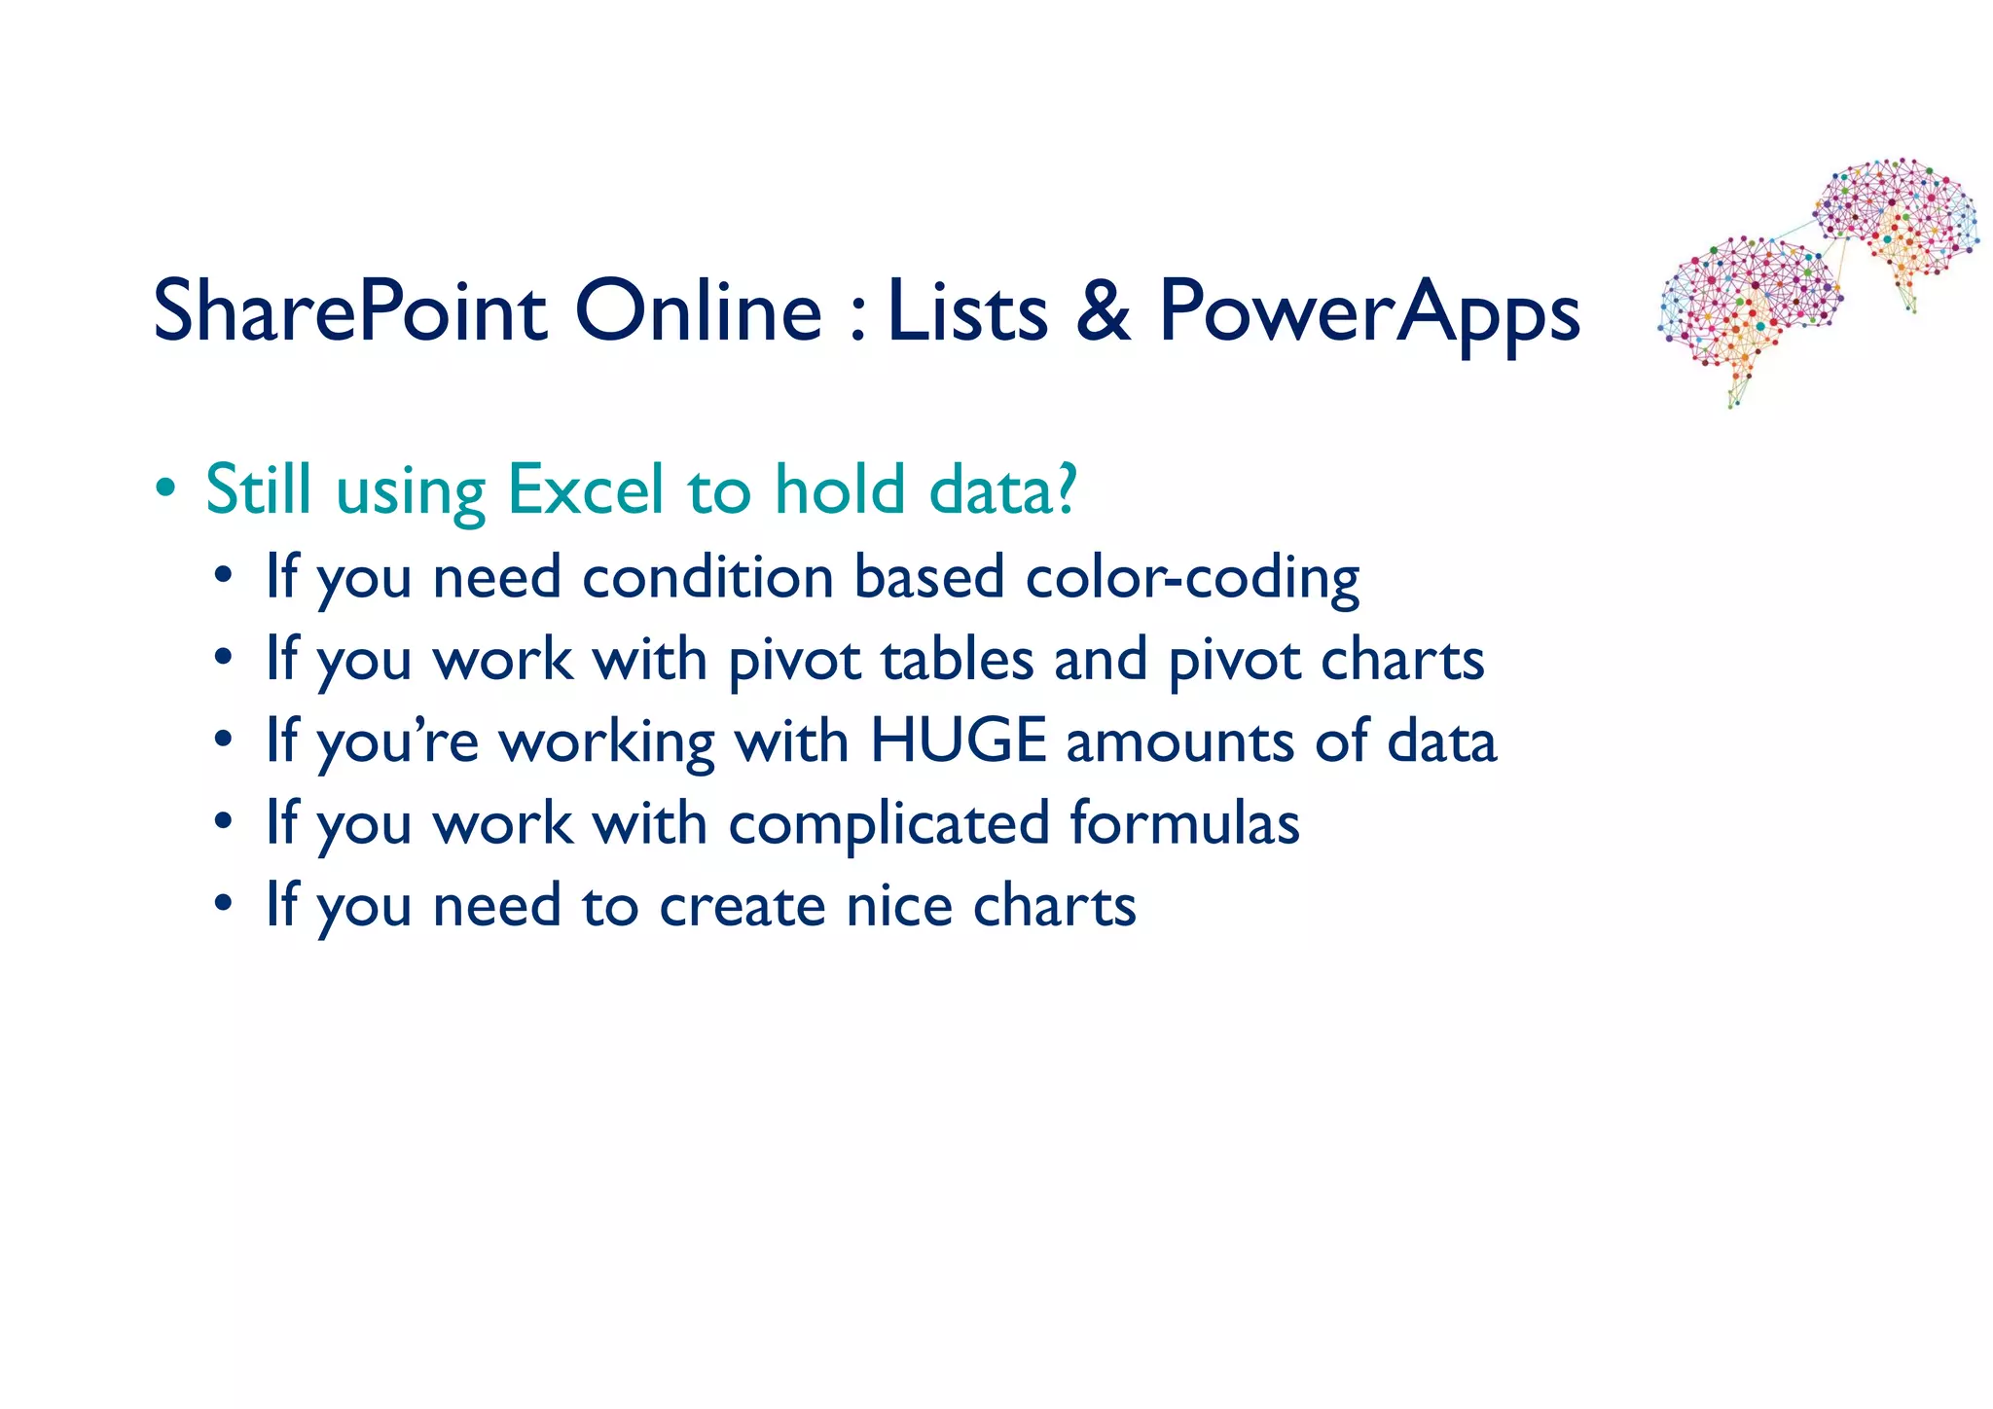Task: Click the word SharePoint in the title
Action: [350, 311]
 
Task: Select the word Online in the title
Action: [699, 311]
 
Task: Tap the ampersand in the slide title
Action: [1103, 311]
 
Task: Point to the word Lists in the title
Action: [968, 311]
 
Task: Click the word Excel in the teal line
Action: [586, 488]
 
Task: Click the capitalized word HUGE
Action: [958, 741]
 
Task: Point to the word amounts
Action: [1180, 741]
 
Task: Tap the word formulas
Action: [1184, 823]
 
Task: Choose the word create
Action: [743, 906]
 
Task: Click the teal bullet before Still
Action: [166, 488]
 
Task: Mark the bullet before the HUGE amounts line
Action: [224, 741]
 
